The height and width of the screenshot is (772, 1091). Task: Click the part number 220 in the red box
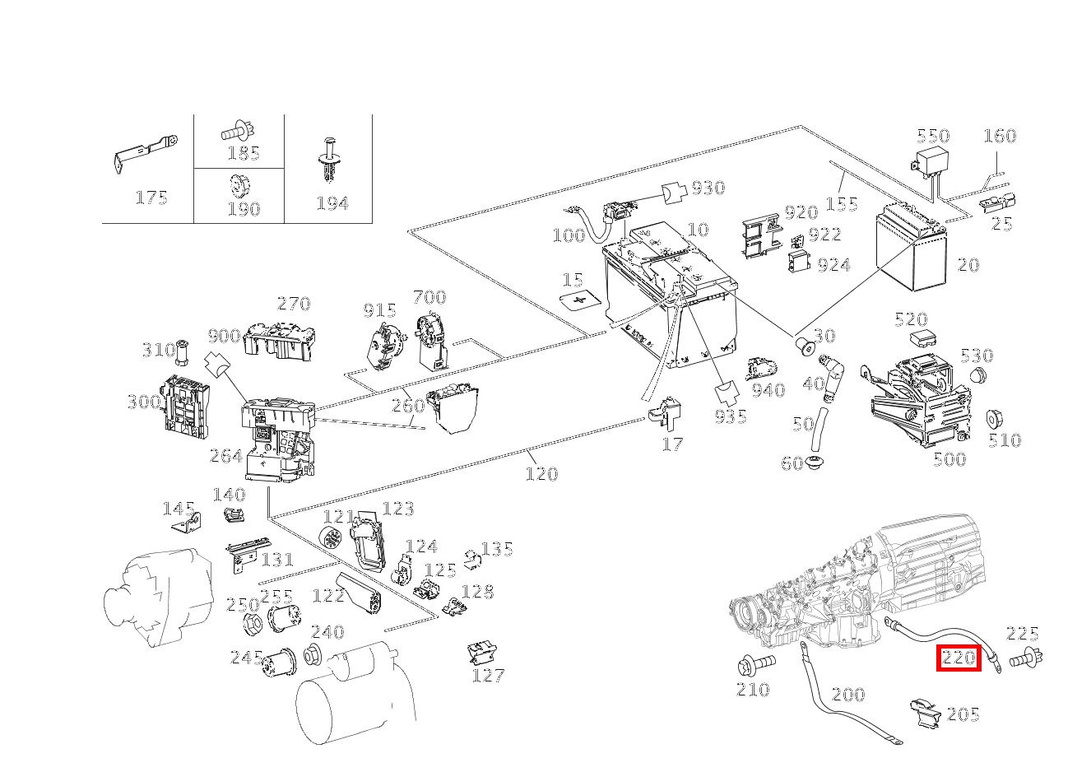pos(959,658)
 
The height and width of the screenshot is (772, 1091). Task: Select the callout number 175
pos(151,198)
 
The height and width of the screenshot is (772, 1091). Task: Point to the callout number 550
pos(933,136)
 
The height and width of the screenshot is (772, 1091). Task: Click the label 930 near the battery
pos(708,188)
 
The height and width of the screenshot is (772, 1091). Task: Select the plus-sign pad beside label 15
pos(583,300)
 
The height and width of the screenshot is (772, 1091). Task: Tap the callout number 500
pos(949,459)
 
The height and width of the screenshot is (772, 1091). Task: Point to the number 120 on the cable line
pos(541,474)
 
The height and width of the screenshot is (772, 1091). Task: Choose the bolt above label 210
pos(755,663)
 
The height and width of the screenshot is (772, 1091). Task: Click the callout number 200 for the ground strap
pos(847,695)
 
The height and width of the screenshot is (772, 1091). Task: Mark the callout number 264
pos(225,456)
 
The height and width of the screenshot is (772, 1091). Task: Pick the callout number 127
pos(488,676)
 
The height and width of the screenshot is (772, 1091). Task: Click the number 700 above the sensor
pos(429,297)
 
